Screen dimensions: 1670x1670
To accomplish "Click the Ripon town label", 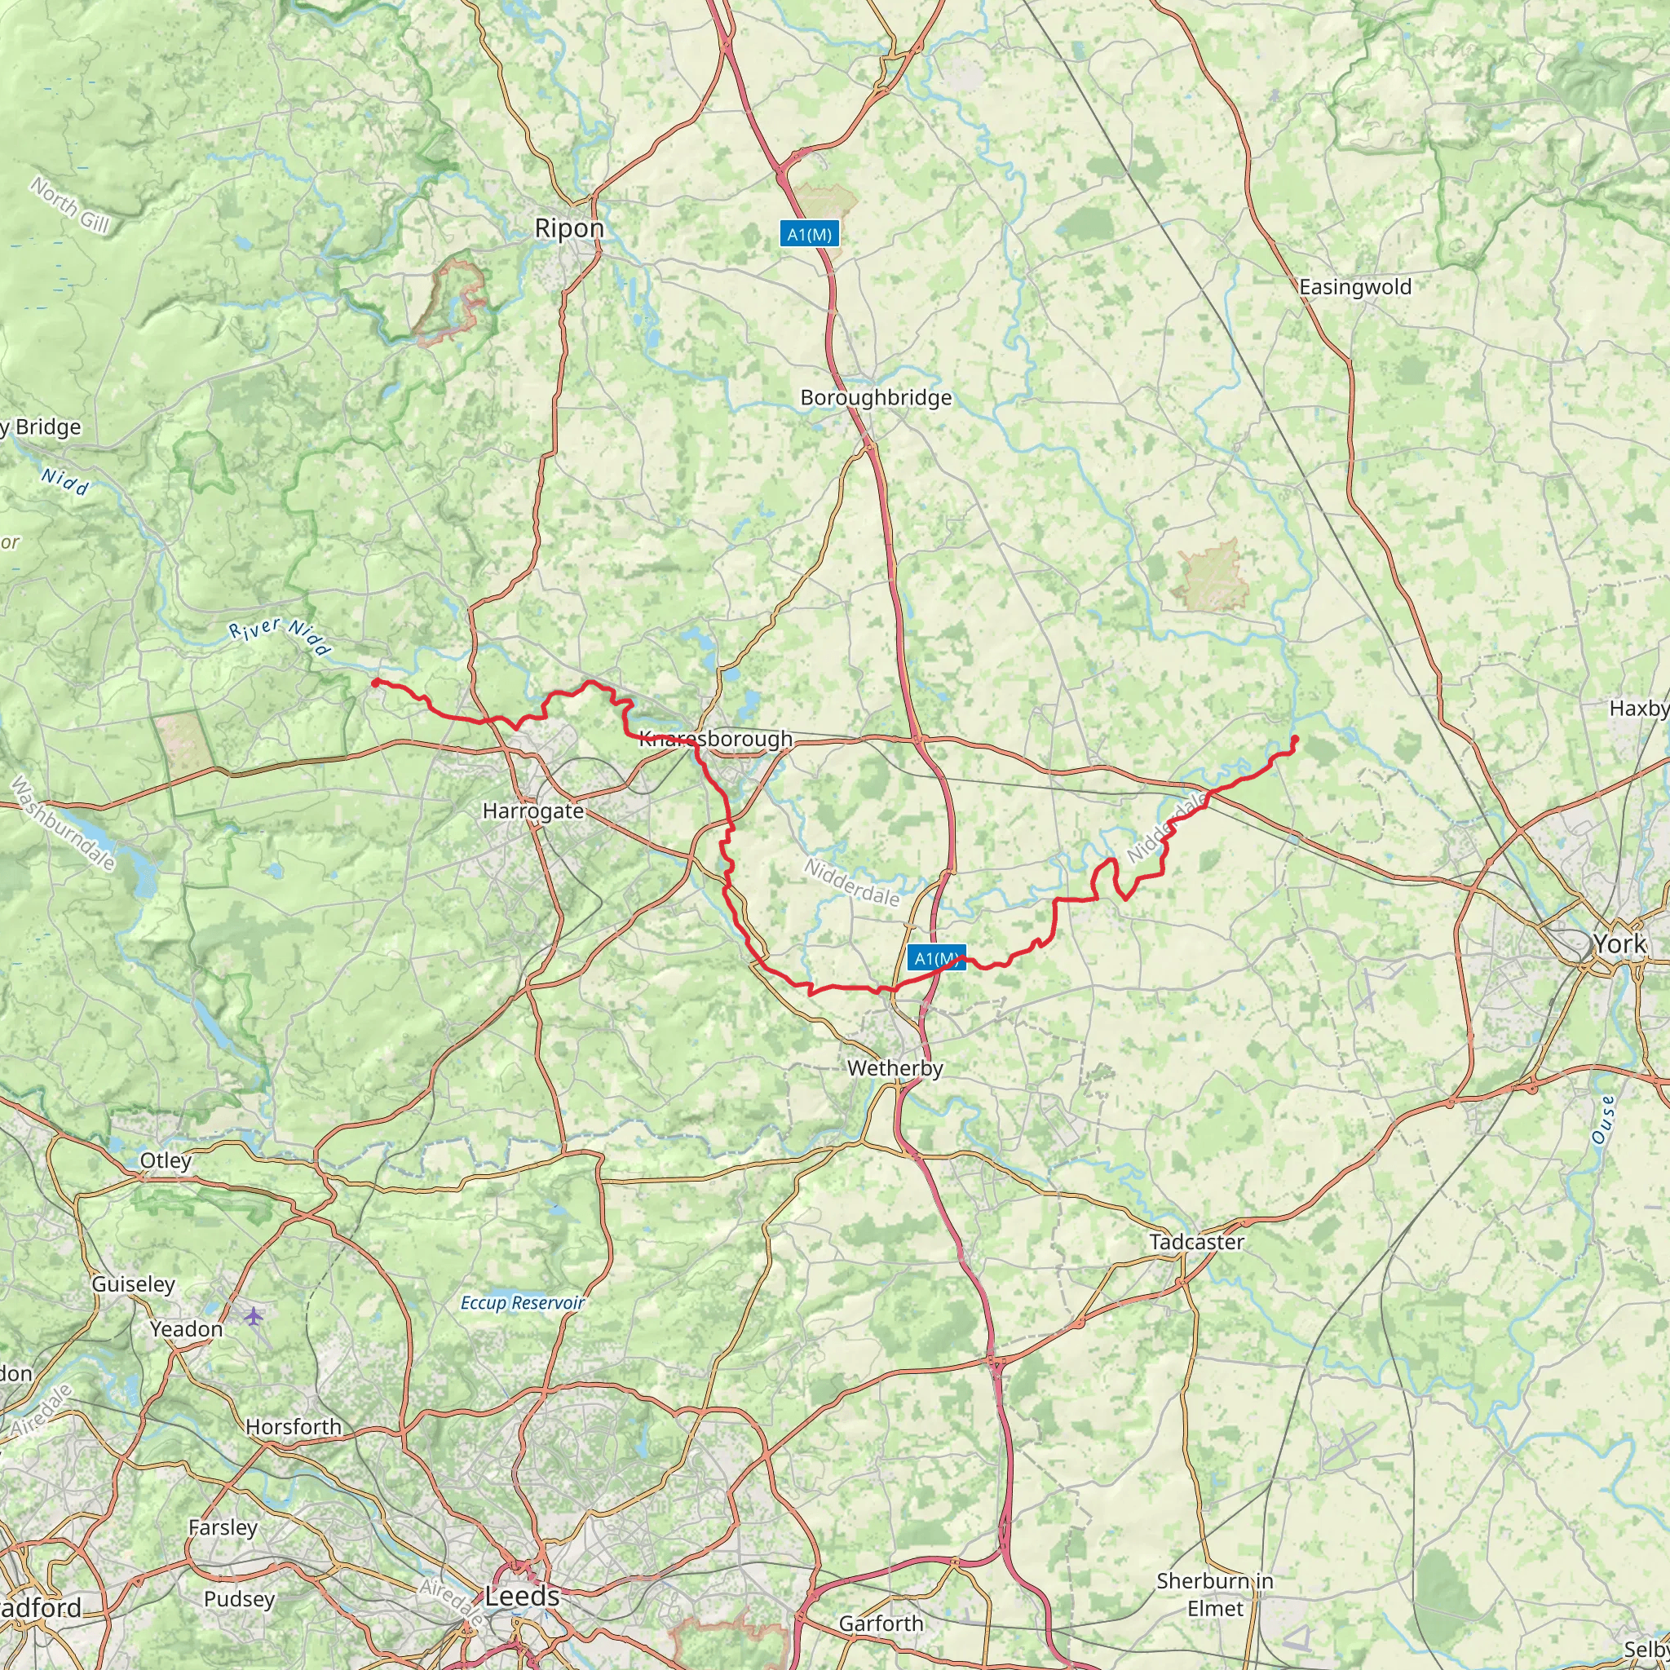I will tap(569, 228).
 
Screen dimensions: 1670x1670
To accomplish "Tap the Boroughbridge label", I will tap(876, 398).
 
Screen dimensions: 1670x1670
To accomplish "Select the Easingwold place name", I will tap(1354, 287).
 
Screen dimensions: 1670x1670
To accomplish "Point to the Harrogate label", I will tap(533, 811).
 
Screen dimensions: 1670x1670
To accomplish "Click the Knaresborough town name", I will tap(715, 738).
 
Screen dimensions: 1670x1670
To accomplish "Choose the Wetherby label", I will tap(895, 1068).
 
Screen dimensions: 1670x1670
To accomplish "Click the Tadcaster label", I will tap(1196, 1242).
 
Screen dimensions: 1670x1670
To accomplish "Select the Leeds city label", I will tap(522, 1597).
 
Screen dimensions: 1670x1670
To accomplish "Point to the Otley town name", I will tap(165, 1160).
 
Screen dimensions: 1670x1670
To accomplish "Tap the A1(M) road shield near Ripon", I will tap(810, 234).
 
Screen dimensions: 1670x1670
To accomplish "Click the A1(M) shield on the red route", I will tap(936, 959).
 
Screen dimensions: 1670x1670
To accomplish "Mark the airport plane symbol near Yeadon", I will tap(254, 1316).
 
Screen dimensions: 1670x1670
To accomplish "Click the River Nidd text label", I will tap(280, 637).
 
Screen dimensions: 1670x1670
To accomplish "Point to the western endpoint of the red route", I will tap(375, 682).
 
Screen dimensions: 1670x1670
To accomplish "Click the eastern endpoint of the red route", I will tap(1295, 738).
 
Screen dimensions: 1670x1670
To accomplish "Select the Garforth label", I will tap(881, 1624).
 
